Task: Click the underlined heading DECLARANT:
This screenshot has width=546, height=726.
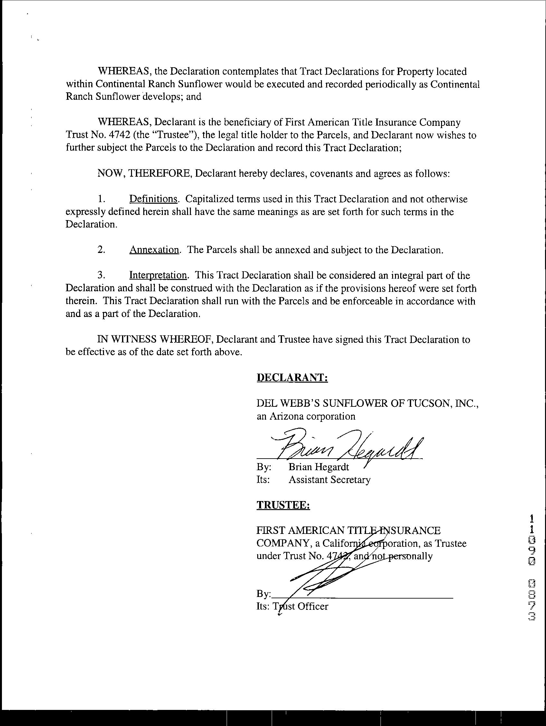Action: coord(292,378)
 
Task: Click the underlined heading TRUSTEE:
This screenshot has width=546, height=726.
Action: coord(283,505)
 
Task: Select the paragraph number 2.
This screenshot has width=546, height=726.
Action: coord(101,250)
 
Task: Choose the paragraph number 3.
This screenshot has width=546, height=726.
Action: coord(101,275)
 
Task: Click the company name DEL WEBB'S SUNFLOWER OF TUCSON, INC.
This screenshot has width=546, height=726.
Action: coord(367,403)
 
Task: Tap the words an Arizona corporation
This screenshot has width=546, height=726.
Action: coord(306,416)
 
